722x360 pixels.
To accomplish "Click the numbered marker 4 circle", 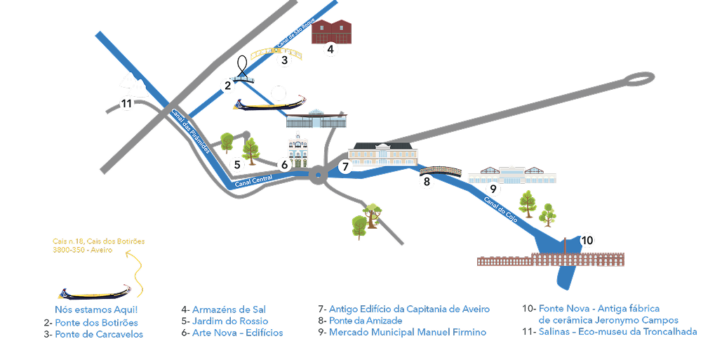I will [330, 49].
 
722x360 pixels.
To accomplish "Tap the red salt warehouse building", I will [331, 31].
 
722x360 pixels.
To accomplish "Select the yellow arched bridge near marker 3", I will [277, 52].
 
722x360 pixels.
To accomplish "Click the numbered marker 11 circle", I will [126, 104].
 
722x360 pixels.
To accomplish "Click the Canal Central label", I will [253, 181].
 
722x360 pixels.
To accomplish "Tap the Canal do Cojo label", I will [500, 210].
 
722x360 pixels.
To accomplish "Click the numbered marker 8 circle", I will [427, 182].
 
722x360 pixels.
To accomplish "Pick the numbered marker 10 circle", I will [587, 241].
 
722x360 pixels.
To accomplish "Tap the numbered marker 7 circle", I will [345, 166].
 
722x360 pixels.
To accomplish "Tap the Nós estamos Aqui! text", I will [96, 309].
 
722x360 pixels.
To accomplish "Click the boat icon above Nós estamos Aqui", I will [94, 291].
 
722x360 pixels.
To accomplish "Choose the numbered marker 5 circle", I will [237, 164].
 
